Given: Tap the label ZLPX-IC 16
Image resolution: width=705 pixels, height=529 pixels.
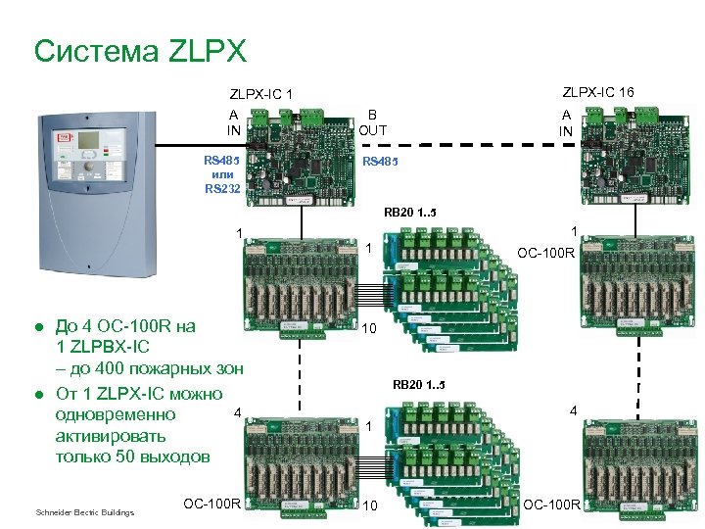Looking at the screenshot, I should (597, 92).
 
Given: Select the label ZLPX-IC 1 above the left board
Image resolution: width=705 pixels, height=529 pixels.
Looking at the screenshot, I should (261, 95).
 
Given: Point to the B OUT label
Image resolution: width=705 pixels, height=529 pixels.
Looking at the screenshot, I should (372, 121).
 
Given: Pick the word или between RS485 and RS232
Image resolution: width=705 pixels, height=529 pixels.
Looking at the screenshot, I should (221, 174).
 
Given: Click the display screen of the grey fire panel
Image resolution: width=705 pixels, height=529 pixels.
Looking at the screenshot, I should (89, 140).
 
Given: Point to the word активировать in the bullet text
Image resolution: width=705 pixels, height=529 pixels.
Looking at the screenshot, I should (111, 436).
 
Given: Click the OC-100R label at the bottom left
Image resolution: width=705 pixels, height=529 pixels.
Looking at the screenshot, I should (211, 504).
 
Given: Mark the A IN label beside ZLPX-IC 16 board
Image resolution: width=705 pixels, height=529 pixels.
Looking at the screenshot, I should (566, 122).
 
